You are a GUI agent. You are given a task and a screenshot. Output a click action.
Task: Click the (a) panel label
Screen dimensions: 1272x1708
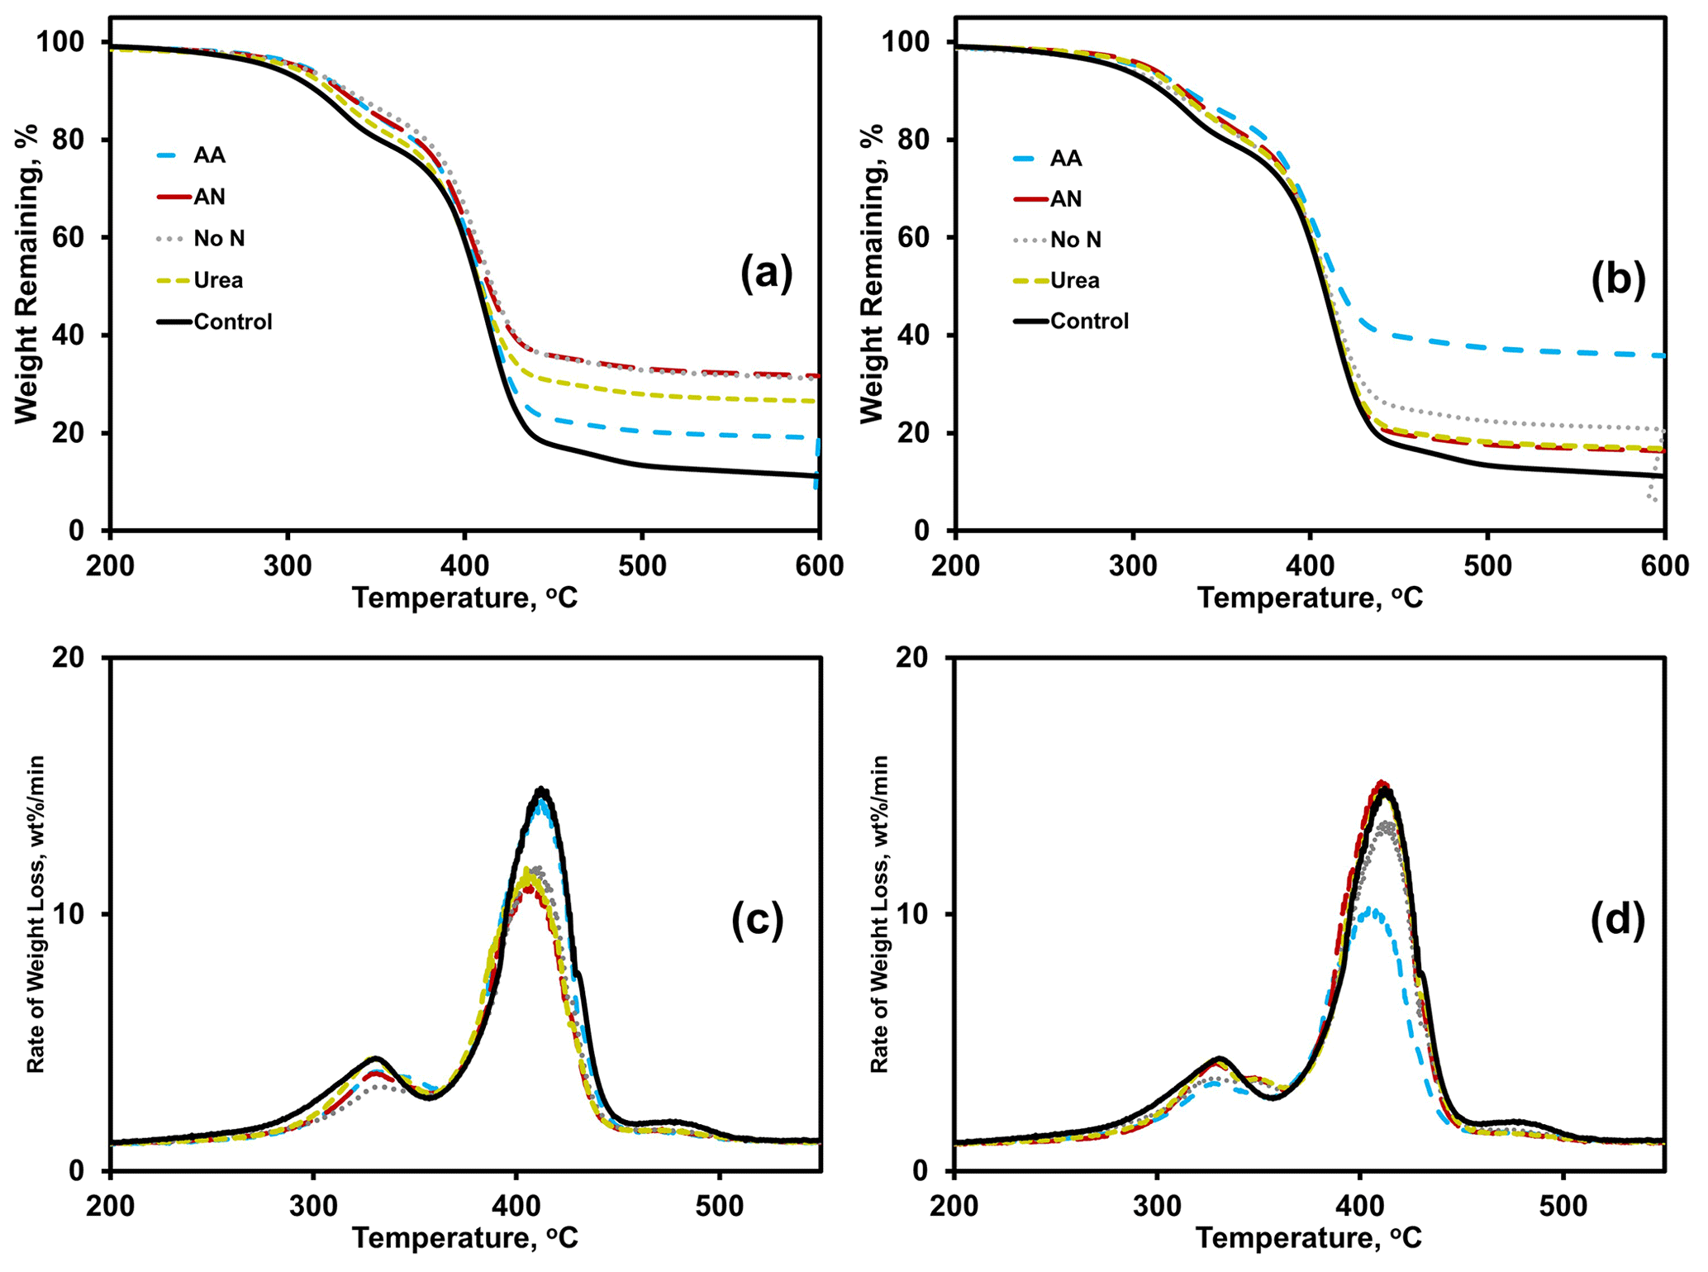[766, 273]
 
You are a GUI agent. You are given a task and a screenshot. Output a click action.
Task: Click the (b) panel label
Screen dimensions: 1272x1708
[1618, 279]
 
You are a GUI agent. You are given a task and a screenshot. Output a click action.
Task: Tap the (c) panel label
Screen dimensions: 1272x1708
[757, 921]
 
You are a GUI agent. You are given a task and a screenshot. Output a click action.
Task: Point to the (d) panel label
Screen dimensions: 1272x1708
[1617, 921]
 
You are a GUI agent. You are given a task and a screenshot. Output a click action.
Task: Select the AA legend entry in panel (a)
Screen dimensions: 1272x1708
[209, 155]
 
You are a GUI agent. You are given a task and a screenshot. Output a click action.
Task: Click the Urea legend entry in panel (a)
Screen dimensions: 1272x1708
[218, 280]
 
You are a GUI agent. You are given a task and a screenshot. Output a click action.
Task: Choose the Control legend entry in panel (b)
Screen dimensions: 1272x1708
[1089, 321]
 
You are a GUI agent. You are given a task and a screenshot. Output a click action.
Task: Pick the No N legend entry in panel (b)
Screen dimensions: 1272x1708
[1076, 240]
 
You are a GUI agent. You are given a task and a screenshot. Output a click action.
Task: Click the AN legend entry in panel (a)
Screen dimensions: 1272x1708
[209, 197]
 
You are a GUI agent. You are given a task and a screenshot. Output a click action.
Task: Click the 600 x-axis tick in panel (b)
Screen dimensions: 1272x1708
[1664, 565]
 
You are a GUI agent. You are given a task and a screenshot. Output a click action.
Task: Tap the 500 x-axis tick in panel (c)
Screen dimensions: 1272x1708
[719, 1206]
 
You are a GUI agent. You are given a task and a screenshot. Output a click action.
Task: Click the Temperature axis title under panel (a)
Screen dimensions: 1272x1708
[464, 598]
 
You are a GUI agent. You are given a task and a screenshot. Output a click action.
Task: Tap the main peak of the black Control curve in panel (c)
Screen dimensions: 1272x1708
[541, 789]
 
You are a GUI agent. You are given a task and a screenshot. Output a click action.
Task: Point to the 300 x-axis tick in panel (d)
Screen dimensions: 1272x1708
[1157, 1206]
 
